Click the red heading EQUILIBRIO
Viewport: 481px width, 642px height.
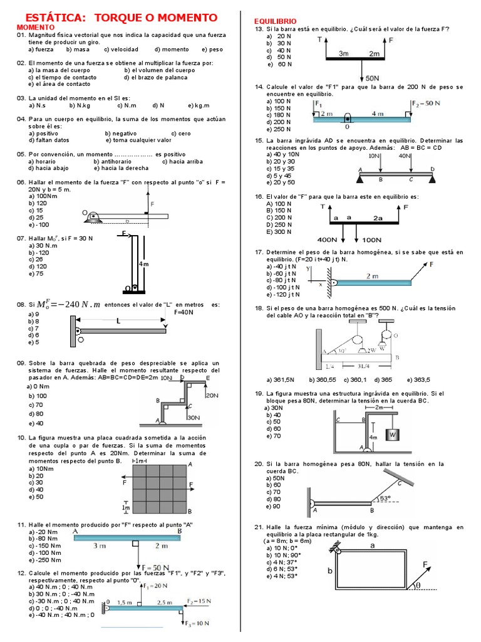point(275,21)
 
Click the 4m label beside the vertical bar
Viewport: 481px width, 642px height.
point(144,264)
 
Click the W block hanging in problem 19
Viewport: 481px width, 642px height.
point(393,434)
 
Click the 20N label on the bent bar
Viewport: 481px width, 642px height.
point(212,396)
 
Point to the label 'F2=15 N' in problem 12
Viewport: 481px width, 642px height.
point(199,601)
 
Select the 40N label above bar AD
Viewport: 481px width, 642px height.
point(405,155)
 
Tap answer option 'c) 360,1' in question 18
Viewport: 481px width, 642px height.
point(355,379)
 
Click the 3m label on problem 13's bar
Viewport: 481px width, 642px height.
point(343,54)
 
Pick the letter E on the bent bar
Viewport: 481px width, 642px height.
point(208,378)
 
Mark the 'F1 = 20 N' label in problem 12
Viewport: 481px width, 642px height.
point(155,585)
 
